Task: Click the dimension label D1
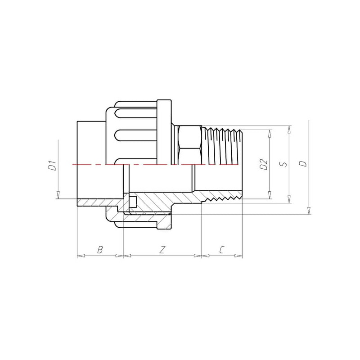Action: click(53, 166)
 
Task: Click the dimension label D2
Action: click(264, 164)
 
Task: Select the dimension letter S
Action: click(284, 164)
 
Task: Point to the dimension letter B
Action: click(99, 250)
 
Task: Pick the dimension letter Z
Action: click(162, 250)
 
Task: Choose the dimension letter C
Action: click(221, 250)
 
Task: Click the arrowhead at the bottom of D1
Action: click(58, 195)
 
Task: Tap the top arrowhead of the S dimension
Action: click(289, 130)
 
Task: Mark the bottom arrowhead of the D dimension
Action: click(309, 211)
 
